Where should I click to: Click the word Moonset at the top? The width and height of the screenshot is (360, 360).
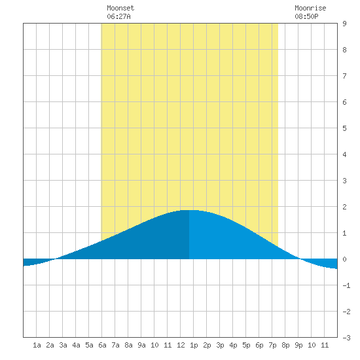(120, 8)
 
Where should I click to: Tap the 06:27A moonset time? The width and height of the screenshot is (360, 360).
(118, 16)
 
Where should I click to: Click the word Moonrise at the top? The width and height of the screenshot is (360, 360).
(310, 8)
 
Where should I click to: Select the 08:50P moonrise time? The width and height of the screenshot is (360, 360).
(306, 16)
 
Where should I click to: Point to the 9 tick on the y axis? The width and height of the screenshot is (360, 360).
(344, 24)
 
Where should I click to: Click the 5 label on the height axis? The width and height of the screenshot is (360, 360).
(344, 128)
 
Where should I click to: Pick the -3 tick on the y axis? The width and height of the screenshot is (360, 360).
(346, 338)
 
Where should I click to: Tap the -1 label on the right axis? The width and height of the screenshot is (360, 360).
(346, 285)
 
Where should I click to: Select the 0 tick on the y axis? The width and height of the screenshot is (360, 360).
(344, 259)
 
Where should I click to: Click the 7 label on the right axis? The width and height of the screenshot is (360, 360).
(344, 76)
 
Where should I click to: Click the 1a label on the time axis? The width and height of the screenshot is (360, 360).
(37, 345)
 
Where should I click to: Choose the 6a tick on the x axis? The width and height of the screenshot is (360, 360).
(102, 345)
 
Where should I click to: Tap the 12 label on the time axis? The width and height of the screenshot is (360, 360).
(181, 345)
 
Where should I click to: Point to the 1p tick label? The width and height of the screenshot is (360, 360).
(194, 345)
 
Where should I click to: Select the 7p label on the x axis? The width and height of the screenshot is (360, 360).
(272, 345)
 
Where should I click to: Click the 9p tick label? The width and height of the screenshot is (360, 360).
(298, 345)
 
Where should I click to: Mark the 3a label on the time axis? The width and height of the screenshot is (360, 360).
(63, 345)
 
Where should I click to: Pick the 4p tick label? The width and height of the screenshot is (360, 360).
(233, 345)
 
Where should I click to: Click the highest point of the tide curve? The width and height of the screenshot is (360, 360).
(189, 210)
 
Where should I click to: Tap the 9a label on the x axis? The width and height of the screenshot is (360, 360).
(141, 345)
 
